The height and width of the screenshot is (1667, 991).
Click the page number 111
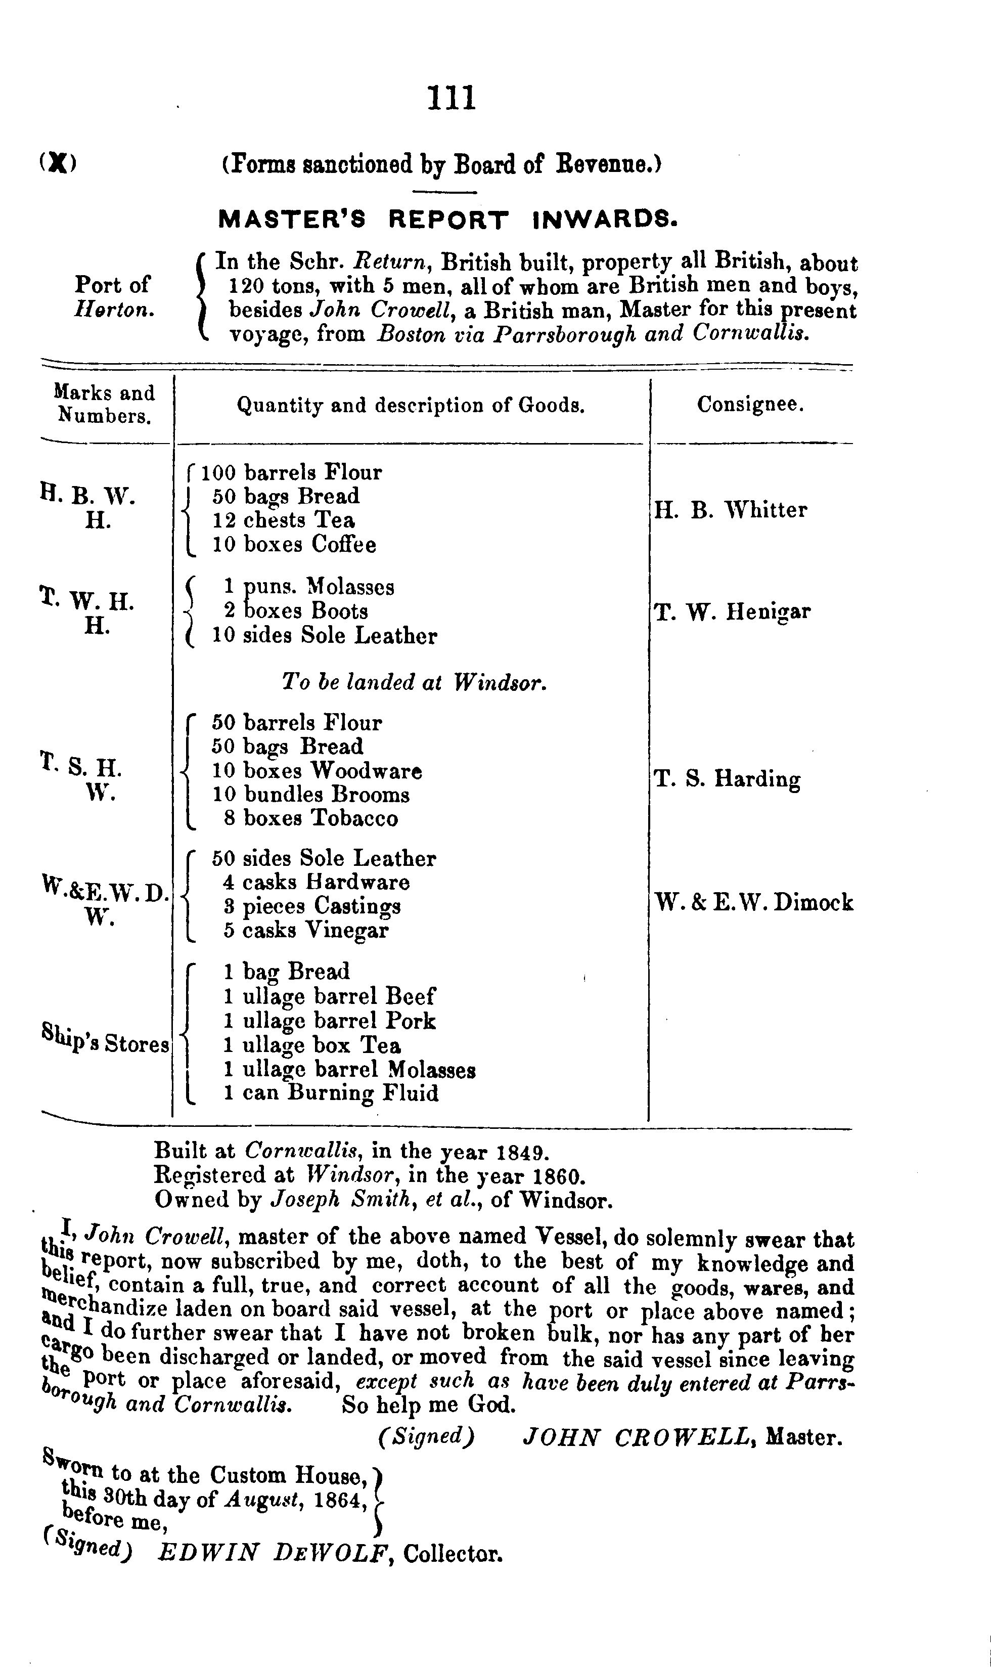pyautogui.click(x=452, y=98)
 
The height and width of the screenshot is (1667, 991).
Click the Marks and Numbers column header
pyautogui.click(x=104, y=404)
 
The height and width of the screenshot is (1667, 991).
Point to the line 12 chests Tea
pyautogui.click(x=283, y=520)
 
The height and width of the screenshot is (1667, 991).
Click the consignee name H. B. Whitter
pyautogui.click(x=730, y=510)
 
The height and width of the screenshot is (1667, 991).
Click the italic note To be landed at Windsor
pyautogui.click(x=414, y=682)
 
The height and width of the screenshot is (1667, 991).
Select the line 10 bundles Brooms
pyautogui.click(x=310, y=795)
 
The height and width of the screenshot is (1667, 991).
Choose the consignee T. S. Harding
pyautogui.click(x=727, y=779)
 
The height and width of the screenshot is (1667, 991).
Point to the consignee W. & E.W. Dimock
pyautogui.click(x=753, y=903)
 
